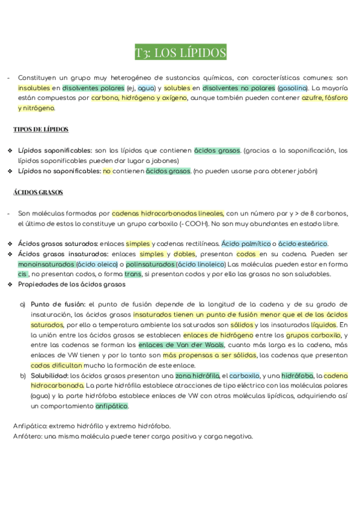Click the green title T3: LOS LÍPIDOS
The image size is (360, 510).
[x=180, y=53]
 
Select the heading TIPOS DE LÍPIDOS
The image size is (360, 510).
[x=41, y=129]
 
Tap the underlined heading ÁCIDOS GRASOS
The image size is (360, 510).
[x=38, y=192]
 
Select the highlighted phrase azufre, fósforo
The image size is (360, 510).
[x=325, y=98]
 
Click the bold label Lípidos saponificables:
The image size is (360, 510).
[x=55, y=150]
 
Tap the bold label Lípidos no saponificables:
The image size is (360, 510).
[x=59, y=171]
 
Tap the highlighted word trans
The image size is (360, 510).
[x=133, y=274]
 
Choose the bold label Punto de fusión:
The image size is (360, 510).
[x=59, y=304]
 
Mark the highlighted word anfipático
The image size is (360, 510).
[x=112, y=406]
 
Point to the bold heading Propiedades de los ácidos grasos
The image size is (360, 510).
[x=72, y=284]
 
